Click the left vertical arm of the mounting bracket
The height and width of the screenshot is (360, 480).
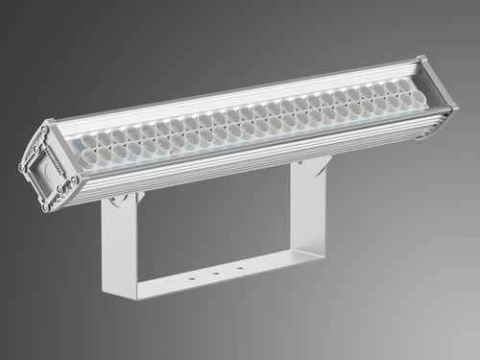118,245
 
